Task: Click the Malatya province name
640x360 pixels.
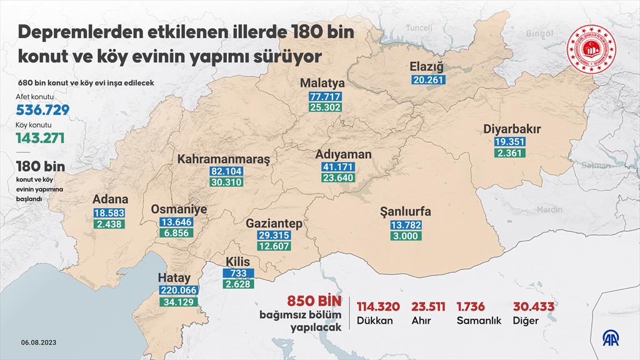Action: click(x=324, y=83)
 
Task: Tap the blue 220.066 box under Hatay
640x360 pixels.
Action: click(x=179, y=291)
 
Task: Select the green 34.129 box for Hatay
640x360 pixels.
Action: click(x=179, y=302)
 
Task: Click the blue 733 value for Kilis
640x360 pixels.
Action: click(x=238, y=274)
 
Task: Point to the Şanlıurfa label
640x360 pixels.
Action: click(x=406, y=212)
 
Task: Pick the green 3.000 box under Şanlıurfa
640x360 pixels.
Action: click(x=406, y=236)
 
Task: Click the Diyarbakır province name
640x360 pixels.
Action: click(x=512, y=130)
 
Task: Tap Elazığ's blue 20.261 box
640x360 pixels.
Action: click(x=428, y=79)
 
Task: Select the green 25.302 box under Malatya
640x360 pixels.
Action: click(x=324, y=107)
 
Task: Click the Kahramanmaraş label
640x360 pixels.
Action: click(x=224, y=159)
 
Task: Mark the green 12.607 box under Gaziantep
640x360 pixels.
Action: click(x=274, y=246)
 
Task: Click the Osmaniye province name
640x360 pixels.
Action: click(x=179, y=210)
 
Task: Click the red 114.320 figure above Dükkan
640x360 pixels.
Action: click(x=378, y=306)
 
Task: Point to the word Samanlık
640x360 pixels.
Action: click(x=479, y=321)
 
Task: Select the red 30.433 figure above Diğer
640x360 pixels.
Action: click(x=534, y=306)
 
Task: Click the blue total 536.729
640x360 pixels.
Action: click(x=42, y=110)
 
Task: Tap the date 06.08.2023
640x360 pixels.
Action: click(x=39, y=342)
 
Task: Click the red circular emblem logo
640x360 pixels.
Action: click(x=591, y=51)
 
